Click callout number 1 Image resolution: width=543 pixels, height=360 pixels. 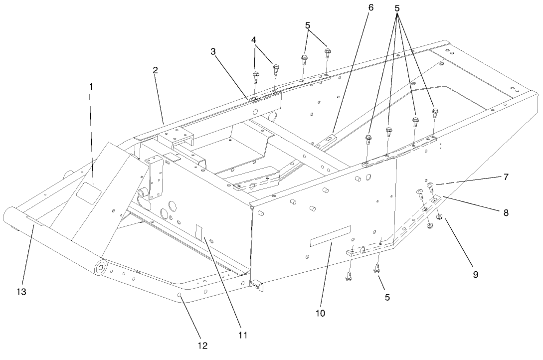pyautogui.click(x=91, y=86)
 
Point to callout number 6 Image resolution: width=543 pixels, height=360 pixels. pyautogui.click(x=370, y=8)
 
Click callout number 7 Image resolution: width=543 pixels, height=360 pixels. pyautogui.click(x=506, y=177)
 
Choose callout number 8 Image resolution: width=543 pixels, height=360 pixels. pyautogui.click(x=506, y=211)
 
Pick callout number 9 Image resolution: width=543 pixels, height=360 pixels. pyautogui.click(x=476, y=274)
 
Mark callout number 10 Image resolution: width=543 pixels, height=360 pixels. pyautogui.click(x=320, y=313)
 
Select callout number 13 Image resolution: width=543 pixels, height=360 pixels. pyautogui.click(x=22, y=291)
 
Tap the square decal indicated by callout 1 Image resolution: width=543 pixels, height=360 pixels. pyautogui.click(x=89, y=191)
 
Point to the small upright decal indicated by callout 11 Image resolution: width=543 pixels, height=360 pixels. pyautogui.click(x=200, y=232)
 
